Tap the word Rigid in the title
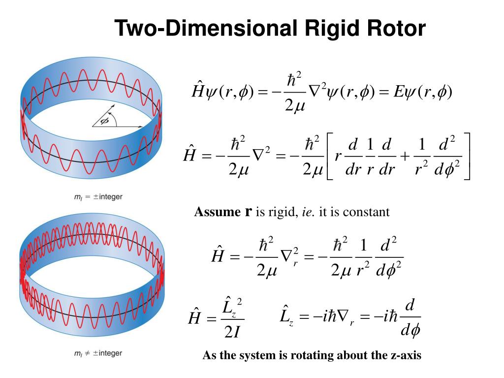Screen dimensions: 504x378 coord(332,29)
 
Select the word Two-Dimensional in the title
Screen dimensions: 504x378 coord(206,28)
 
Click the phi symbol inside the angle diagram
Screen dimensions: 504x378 coord(104,121)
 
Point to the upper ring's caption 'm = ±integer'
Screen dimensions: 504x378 coord(98,197)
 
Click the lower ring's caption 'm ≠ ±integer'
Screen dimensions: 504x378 coord(98,353)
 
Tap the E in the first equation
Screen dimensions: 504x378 coord(398,92)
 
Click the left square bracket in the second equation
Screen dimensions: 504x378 coord(330,156)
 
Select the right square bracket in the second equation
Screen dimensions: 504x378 coord(467,156)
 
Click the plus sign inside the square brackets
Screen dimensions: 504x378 coord(405,156)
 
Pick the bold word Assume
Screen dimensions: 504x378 coord(217,212)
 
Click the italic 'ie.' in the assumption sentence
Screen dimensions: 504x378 coord(308,212)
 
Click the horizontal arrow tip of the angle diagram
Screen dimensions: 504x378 coord(141,127)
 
